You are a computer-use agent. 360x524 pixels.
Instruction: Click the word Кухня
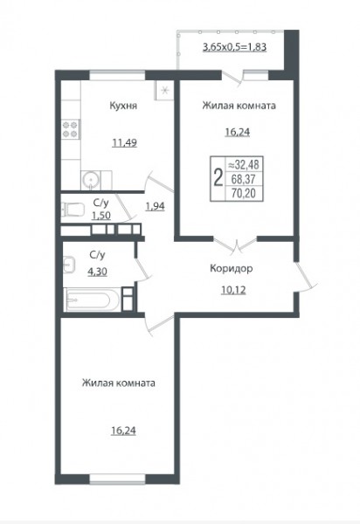click(123, 106)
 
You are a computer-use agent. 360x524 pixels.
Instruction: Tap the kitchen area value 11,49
click(124, 143)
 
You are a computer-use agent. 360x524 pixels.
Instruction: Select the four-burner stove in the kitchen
click(71, 129)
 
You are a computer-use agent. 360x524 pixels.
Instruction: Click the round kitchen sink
click(91, 181)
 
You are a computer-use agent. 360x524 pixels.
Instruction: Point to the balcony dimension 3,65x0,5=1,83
click(235, 47)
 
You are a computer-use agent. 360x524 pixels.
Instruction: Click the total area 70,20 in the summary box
click(244, 193)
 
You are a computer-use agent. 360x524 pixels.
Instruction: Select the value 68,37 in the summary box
click(244, 179)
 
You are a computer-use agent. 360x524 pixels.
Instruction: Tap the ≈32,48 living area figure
click(244, 165)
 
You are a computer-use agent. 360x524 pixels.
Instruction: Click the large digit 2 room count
click(218, 178)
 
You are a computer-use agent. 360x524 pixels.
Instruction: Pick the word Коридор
click(232, 269)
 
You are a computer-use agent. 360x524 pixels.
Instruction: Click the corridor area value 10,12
click(233, 290)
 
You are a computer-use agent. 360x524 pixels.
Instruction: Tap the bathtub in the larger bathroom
click(92, 300)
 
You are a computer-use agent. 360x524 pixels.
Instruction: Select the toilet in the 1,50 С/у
click(73, 210)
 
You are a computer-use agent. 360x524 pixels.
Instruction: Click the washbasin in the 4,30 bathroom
click(69, 265)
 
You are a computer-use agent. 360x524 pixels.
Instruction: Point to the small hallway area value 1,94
click(156, 206)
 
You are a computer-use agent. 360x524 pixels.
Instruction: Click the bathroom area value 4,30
click(97, 272)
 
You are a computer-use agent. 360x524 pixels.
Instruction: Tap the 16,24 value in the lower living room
click(123, 431)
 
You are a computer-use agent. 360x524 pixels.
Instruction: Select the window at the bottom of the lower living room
click(117, 479)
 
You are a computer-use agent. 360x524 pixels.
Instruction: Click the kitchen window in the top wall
click(117, 75)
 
